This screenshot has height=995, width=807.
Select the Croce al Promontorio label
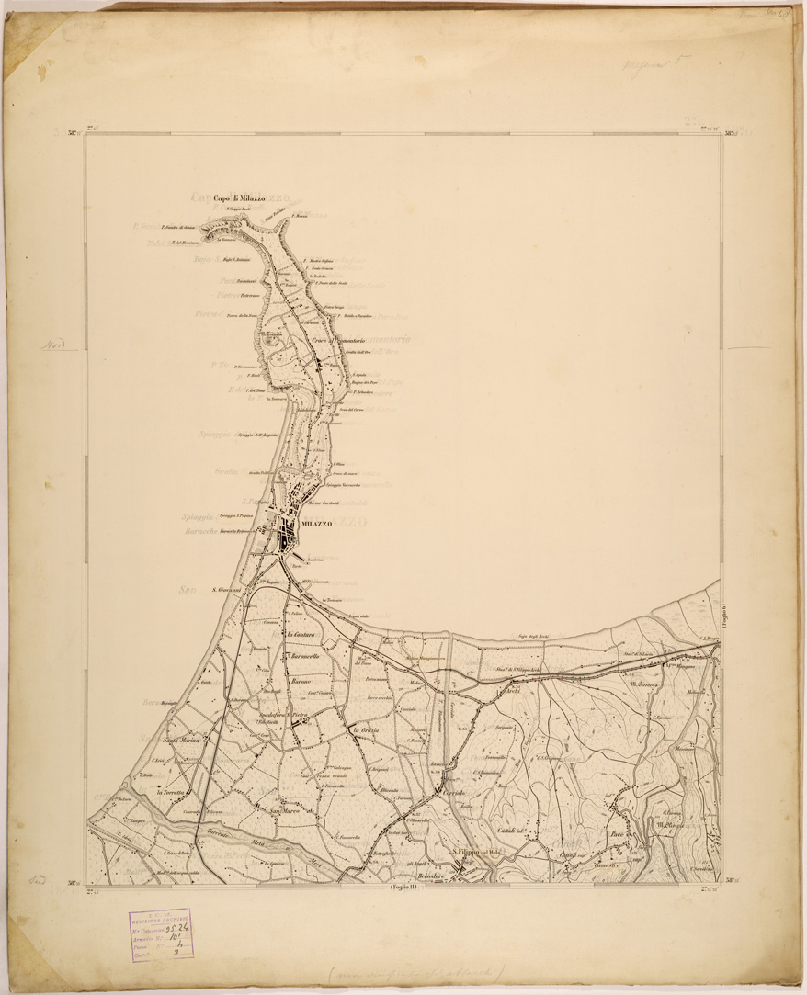coord(339,342)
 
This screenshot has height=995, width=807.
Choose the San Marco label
coord(286,810)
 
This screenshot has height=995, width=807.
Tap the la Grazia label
coord(366,729)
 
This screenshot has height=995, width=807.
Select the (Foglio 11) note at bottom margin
coord(403,888)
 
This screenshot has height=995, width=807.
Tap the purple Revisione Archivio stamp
coord(160,933)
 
